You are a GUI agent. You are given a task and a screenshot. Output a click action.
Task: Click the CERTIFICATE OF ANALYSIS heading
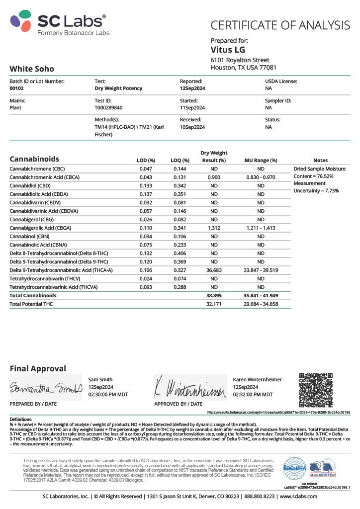[280, 25]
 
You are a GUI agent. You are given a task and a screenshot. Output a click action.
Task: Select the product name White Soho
[32, 69]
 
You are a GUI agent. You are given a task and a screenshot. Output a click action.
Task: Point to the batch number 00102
[17, 88]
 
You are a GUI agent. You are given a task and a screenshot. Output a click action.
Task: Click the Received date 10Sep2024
[192, 127]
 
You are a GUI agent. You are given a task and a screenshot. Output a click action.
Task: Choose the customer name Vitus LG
[228, 50]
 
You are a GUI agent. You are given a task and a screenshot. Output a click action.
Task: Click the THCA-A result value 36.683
[213, 270]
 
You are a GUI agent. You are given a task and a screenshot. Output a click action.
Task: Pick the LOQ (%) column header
[180, 160]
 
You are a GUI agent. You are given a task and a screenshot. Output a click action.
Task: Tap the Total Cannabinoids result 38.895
[213, 295]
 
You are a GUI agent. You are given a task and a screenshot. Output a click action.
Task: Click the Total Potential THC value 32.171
[213, 304]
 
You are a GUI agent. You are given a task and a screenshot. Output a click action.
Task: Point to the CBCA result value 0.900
[214, 177]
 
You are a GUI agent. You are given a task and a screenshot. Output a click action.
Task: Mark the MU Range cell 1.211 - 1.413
[261, 228]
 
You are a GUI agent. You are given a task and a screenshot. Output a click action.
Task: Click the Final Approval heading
[38, 368]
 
